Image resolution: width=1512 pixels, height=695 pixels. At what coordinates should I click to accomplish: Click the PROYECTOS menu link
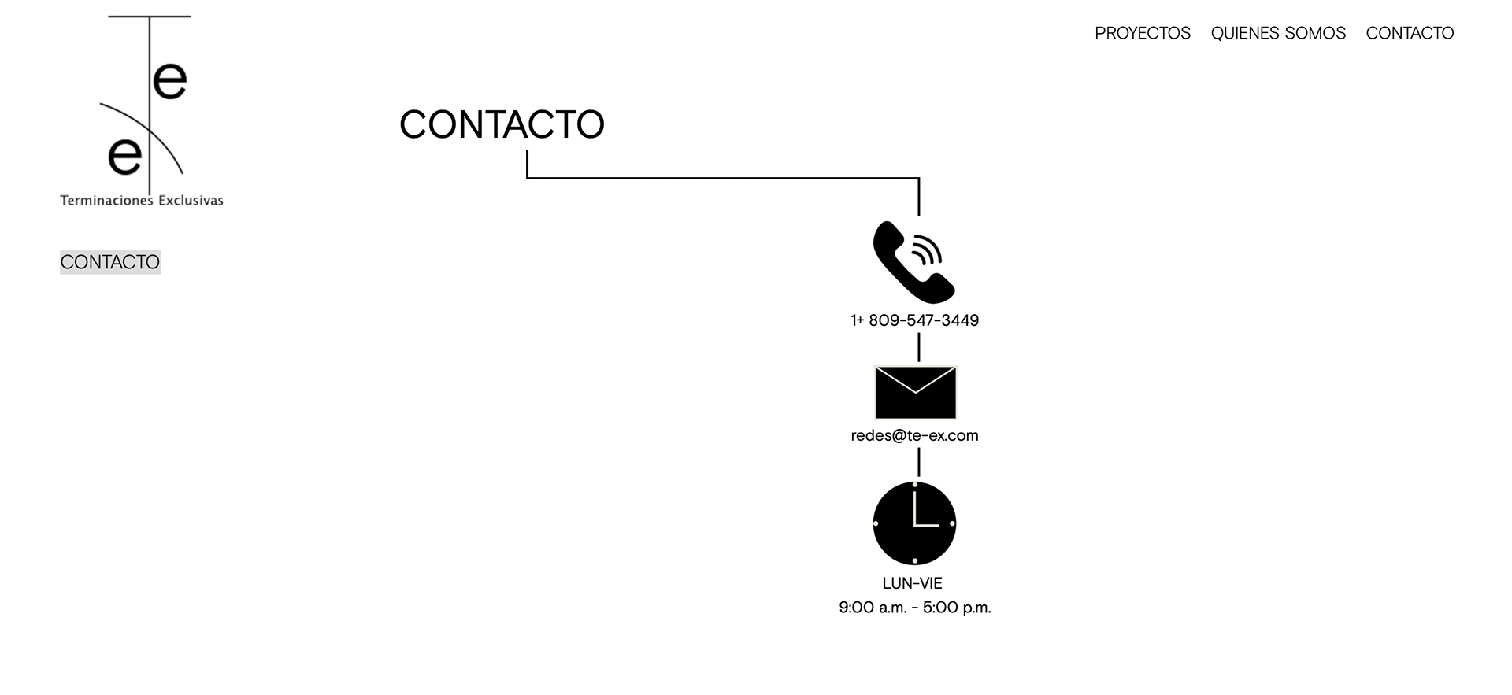1142,33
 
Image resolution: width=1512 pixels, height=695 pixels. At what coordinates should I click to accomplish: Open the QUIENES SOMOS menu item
1278,33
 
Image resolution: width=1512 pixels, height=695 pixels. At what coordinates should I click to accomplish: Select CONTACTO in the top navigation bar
1410,33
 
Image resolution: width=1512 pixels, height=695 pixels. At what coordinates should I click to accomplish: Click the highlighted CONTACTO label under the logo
110,262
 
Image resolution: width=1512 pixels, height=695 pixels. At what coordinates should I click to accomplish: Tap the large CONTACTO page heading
502,124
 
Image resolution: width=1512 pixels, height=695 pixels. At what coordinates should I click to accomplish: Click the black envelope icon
915,393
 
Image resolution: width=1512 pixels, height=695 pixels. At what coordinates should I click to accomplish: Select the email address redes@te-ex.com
914,435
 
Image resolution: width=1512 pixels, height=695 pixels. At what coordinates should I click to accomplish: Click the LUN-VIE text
912,583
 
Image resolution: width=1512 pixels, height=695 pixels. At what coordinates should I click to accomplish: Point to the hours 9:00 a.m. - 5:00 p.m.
914,608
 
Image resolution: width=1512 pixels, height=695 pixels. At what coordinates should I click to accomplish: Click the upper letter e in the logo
169,81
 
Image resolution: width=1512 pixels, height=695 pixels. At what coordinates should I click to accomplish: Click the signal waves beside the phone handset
928,250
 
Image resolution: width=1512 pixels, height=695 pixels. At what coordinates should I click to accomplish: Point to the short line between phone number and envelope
918,347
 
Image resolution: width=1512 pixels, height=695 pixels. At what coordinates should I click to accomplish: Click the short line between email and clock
918,462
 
